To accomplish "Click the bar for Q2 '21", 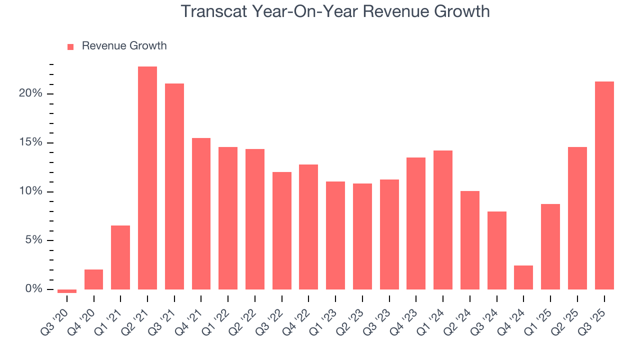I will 147,178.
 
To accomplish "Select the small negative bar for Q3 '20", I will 67,291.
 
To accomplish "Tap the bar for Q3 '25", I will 604,185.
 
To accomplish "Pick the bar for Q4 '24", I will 523,277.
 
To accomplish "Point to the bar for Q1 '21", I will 120,257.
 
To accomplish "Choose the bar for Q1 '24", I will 443,220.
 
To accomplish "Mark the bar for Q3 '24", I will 497,250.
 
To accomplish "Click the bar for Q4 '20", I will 94,279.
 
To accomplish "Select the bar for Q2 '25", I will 577,218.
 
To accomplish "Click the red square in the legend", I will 70,46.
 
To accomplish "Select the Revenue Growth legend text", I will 124,46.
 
